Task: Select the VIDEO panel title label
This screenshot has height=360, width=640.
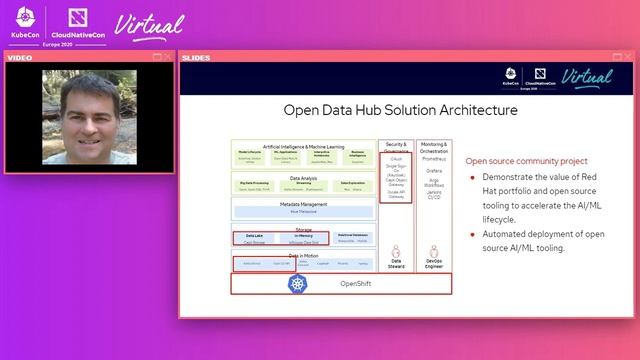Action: click(x=20, y=57)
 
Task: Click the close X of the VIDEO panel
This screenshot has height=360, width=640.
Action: click(x=168, y=57)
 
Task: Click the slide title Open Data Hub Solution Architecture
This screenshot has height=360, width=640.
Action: click(x=401, y=110)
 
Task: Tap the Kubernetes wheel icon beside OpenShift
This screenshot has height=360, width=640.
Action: click(x=298, y=284)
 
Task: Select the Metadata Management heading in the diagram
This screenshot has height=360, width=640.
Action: click(x=303, y=204)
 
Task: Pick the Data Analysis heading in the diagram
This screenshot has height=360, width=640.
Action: click(x=303, y=178)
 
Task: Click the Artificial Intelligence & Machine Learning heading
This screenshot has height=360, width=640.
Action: click(x=303, y=146)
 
